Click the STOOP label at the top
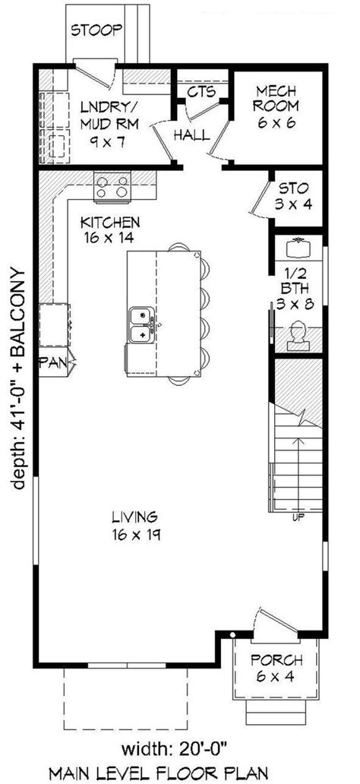(x=96, y=31)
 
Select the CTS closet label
(x=201, y=92)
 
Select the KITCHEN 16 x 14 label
(x=110, y=229)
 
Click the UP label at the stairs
(x=299, y=518)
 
